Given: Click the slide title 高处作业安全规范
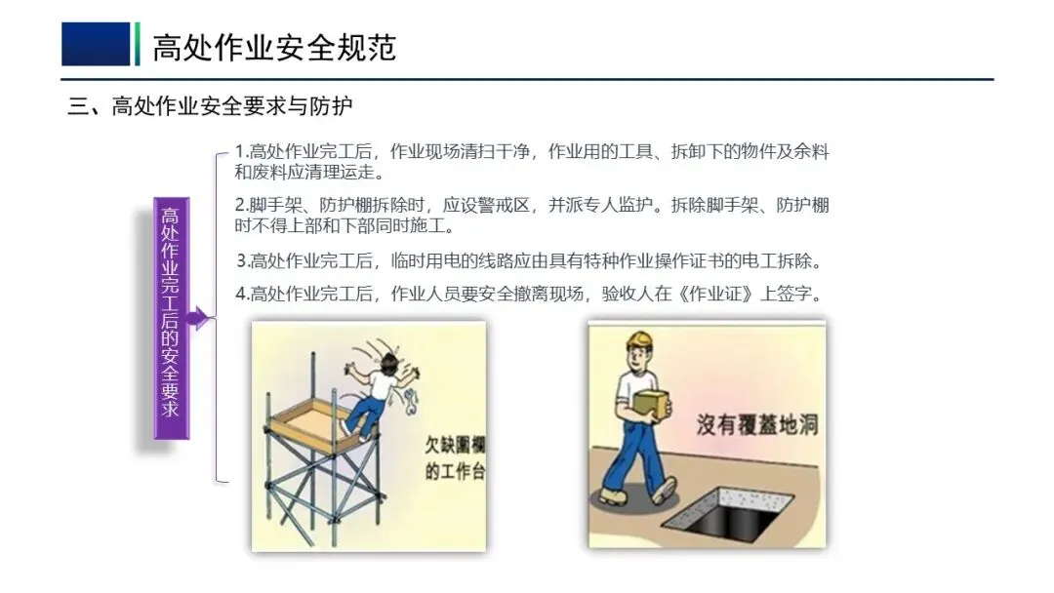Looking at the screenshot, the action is click(x=274, y=47).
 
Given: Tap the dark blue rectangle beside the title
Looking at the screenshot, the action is click(x=96, y=44).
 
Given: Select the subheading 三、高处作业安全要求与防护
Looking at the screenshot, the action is click(x=211, y=106).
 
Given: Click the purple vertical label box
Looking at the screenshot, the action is click(x=172, y=318).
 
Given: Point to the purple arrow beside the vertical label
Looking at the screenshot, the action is click(x=199, y=317).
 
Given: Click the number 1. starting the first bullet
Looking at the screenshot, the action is click(x=241, y=151).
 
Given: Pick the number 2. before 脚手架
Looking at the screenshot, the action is click(x=241, y=205).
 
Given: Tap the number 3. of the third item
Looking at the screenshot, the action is click(x=243, y=259).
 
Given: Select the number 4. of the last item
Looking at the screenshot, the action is click(x=243, y=294).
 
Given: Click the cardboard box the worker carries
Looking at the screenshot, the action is click(x=651, y=404).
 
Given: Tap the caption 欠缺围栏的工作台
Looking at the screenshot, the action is click(x=455, y=458).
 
